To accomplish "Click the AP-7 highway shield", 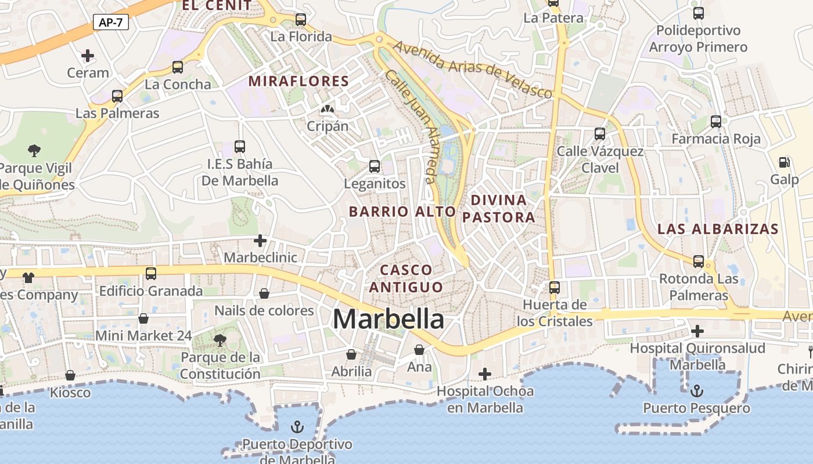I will point(110,23).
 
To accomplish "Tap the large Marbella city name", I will point(388,319).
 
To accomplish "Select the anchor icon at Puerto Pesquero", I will point(696,390).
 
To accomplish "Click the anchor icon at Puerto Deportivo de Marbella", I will point(297,427).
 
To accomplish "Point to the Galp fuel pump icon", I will point(784,162).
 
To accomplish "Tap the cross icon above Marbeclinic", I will point(260,240).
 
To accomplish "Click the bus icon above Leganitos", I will point(375,166).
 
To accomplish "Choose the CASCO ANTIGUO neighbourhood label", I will point(406,278).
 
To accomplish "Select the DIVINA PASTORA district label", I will point(498,209).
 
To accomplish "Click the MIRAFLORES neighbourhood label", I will point(298,81).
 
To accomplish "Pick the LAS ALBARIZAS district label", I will point(718,229).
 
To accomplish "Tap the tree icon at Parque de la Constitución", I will point(220,340).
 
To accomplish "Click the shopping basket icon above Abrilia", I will point(351,354).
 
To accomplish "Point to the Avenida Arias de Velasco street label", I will point(473,68).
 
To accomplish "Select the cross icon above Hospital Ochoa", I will point(485,374).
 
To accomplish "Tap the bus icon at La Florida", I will point(301,19).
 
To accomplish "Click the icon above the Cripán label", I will point(328,109).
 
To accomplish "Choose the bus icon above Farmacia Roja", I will point(716,122).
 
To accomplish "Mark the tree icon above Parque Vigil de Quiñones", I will point(34,151).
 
